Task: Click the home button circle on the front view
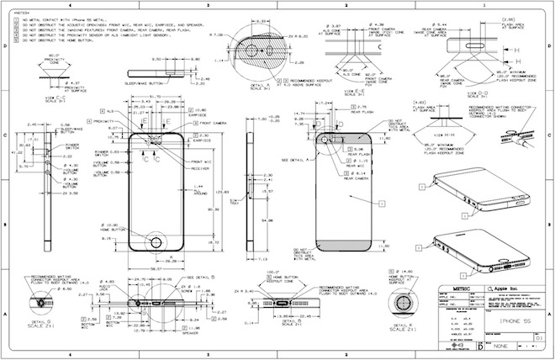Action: [156, 241]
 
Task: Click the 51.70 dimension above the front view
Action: [156, 97]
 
